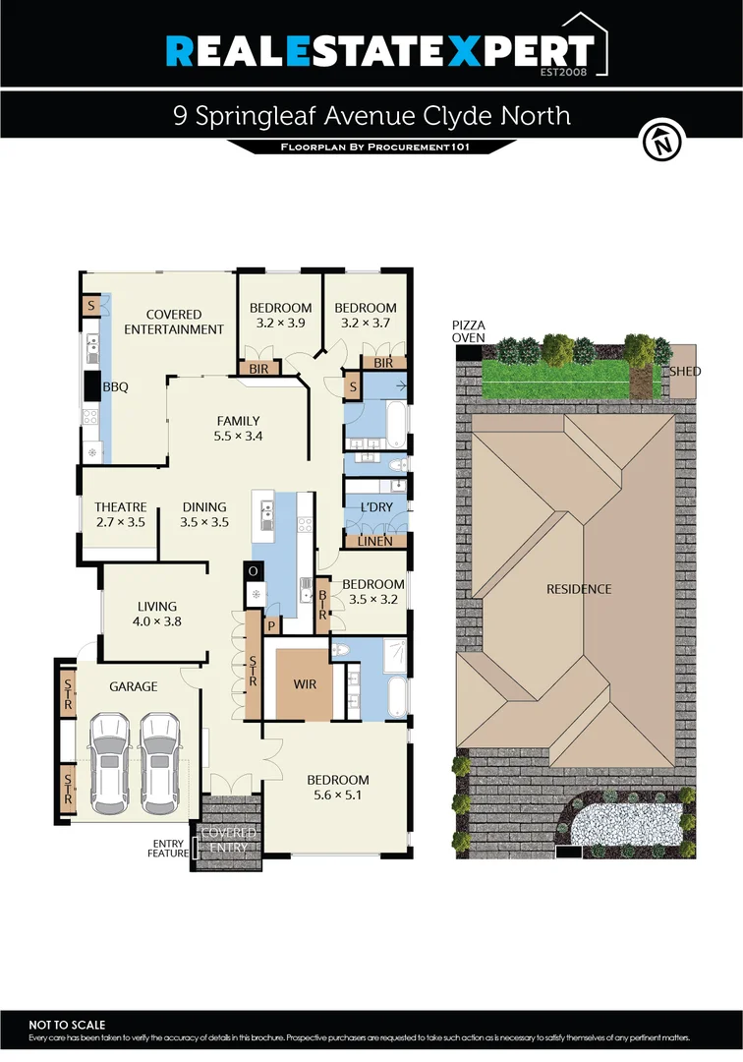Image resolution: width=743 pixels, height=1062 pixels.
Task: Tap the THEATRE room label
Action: point(120,507)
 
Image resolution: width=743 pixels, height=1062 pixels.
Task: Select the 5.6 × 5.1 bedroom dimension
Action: point(336,796)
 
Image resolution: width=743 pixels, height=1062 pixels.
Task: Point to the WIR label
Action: point(305,683)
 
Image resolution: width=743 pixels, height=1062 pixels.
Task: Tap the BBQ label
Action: point(116,387)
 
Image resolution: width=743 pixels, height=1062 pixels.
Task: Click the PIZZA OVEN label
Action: point(469,331)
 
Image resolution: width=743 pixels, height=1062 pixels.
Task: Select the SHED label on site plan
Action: point(685,372)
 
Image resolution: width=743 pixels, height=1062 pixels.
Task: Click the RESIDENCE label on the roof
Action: point(579,589)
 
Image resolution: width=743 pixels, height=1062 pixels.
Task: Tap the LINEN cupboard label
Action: point(375,541)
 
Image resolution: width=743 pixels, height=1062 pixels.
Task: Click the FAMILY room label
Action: point(239,421)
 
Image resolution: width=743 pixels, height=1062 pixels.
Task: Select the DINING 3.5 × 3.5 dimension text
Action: point(204,523)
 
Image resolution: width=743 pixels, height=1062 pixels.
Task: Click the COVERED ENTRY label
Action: point(228,839)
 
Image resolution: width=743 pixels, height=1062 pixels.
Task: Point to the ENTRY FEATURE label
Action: point(170,849)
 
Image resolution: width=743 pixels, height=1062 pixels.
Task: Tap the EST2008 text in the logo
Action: point(567,72)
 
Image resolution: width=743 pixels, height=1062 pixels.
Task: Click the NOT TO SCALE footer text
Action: point(67,1025)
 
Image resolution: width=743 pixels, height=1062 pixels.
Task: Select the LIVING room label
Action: point(157,607)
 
